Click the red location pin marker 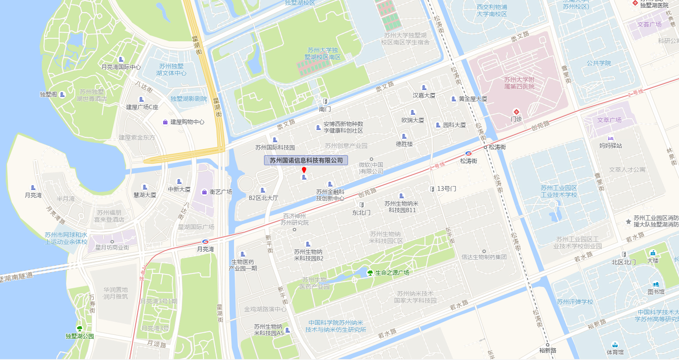(x=304, y=170)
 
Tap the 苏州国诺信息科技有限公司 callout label (x=306, y=160)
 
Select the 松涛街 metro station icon (x=468, y=153)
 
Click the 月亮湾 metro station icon (x=205, y=241)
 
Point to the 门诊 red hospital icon (x=516, y=112)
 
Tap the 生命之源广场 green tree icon (x=370, y=273)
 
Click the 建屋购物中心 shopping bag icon (x=165, y=122)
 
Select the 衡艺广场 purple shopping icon (x=204, y=192)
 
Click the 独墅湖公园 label (x=80, y=336)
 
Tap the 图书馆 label (x=656, y=292)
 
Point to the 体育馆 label (x=615, y=352)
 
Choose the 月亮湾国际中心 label (x=121, y=67)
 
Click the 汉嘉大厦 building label (x=424, y=95)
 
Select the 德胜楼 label (x=404, y=144)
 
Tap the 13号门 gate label (x=447, y=189)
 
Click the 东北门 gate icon (x=361, y=205)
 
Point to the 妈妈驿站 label (x=611, y=146)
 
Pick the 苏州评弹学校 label (x=575, y=302)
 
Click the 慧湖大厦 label (x=145, y=195)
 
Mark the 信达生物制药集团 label (x=484, y=257)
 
